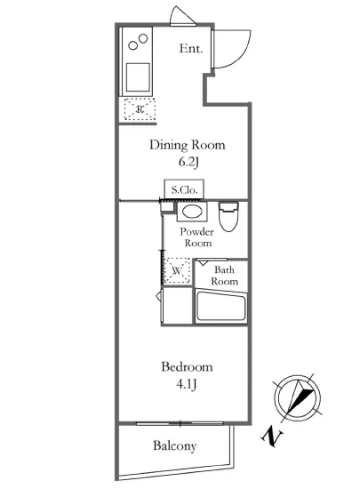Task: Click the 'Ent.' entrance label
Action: [x=191, y=49]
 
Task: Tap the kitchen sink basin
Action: [x=138, y=76]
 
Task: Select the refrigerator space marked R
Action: [x=140, y=109]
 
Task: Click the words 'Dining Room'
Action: [x=188, y=145]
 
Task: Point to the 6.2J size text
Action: [x=188, y=162]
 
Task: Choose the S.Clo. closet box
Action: [x=184, y=189]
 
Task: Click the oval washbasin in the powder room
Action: [x=192, y=212]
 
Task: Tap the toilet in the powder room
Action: [x=228, y=216]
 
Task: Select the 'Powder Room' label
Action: [x=197, y=237]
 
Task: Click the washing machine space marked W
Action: [x=177, y=270]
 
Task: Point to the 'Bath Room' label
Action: [x=224, y=276]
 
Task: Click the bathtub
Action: [x=221, y=307]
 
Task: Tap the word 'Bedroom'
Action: [x=187, y=366]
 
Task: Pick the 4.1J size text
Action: [x=187, y=384]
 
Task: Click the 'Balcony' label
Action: [x=175, y=446]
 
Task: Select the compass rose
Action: [x=297, y=398]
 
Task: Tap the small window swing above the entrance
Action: [x=182, y=16]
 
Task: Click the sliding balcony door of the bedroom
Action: [x=180, y=423]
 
